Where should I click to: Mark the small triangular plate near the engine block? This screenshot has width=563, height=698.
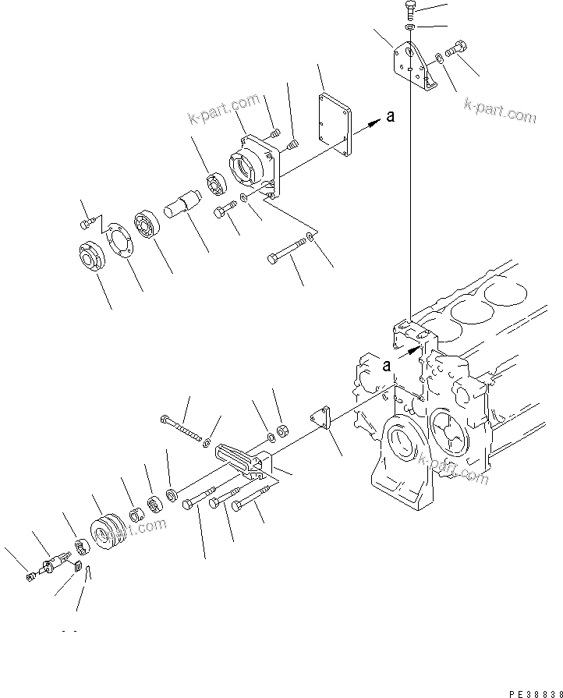[x=321, y=417]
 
